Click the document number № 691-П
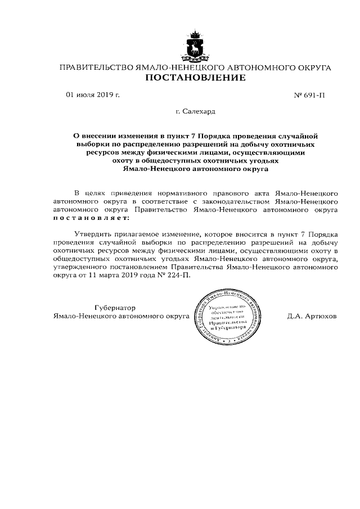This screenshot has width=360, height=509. pos(309,96)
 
